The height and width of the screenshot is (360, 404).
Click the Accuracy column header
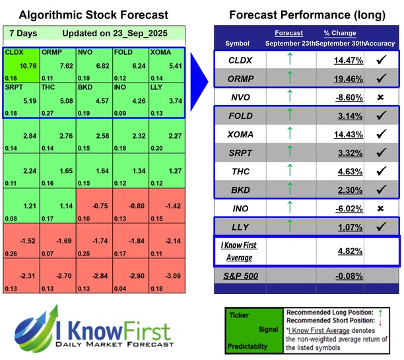tap(380, 43)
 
